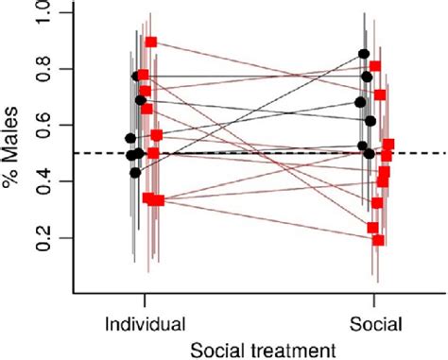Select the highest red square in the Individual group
[x=151, y=43]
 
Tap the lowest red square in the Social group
[x=378, y=240]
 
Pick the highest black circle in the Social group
[x=365, y=54]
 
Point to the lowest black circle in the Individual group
[x=135, y=173]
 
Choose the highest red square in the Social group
[x=375, y=66]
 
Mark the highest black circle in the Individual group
[x=137, y=76]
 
